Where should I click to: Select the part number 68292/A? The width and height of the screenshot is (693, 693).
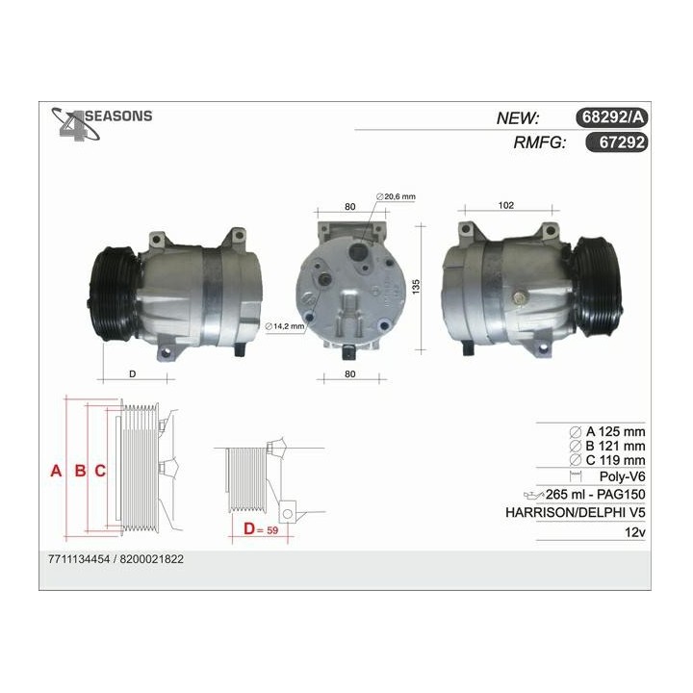[x=613, y=118]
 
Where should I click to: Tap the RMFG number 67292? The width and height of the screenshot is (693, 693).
[x=621, y=142]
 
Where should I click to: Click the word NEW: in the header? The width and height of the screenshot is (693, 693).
[x=518, y=118]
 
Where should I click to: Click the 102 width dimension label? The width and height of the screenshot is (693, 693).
[x=506, y=205]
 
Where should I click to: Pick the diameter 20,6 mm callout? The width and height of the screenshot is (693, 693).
[x=397, y=197]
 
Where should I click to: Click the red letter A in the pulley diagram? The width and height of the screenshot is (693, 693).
[x=57, y=471]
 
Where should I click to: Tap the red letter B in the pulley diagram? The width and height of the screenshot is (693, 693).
[x=80, y=471]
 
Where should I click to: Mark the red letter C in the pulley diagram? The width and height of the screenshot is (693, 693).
[x=100, y=471]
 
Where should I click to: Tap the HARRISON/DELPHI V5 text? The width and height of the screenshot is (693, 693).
[x=576, y=512]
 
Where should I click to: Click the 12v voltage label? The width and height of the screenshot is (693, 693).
[x=634, y=531]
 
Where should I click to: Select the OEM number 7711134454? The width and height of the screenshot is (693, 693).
[x=81, y=559]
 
